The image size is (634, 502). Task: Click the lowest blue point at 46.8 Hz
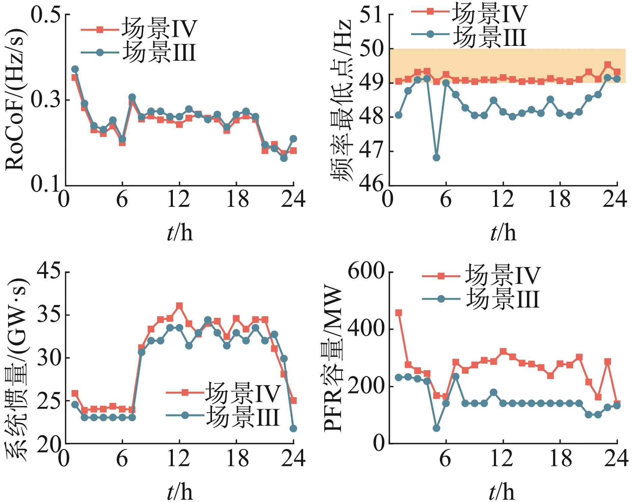pos(436,158)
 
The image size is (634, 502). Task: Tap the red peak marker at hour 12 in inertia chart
pos(179,306)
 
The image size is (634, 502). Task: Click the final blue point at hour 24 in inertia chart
pos(293,428)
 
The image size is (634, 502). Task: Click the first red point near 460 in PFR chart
pos(398,313)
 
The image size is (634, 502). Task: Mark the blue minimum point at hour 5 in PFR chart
pos(436,428)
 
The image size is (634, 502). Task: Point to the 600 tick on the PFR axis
pos(367,272)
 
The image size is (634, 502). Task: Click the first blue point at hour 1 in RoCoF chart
pos(75,69)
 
